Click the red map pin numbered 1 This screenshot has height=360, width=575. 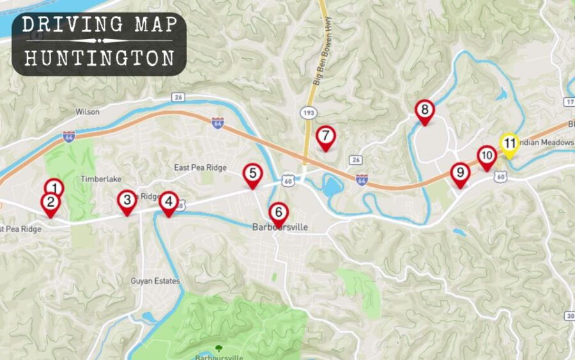[x=54, y=188]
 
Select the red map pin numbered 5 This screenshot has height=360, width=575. [x=253, y=174]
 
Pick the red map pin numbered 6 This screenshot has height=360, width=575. [x=279, y=212]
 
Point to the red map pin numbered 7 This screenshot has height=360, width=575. [x=326, y=136]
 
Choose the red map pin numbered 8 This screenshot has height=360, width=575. [x=425, y=111]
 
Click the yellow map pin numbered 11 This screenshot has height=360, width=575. [x=509, y=144]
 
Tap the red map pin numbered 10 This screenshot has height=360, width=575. [x=487, y=156]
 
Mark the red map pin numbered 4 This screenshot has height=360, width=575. [x=169, y=203]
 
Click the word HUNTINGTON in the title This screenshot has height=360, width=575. [x=99, y=58]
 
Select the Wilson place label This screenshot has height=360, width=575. [x=88, y=112]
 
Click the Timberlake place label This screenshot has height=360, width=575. [x=101, y=179]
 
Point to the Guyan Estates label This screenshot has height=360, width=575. [x=155, y=281]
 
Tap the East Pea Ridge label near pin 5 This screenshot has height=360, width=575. [x=200, y=168]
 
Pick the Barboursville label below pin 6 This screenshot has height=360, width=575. [x=280, y=227]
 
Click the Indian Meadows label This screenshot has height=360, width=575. [x=547, y=143]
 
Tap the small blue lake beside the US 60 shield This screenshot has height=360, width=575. [x=332, y=186]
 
